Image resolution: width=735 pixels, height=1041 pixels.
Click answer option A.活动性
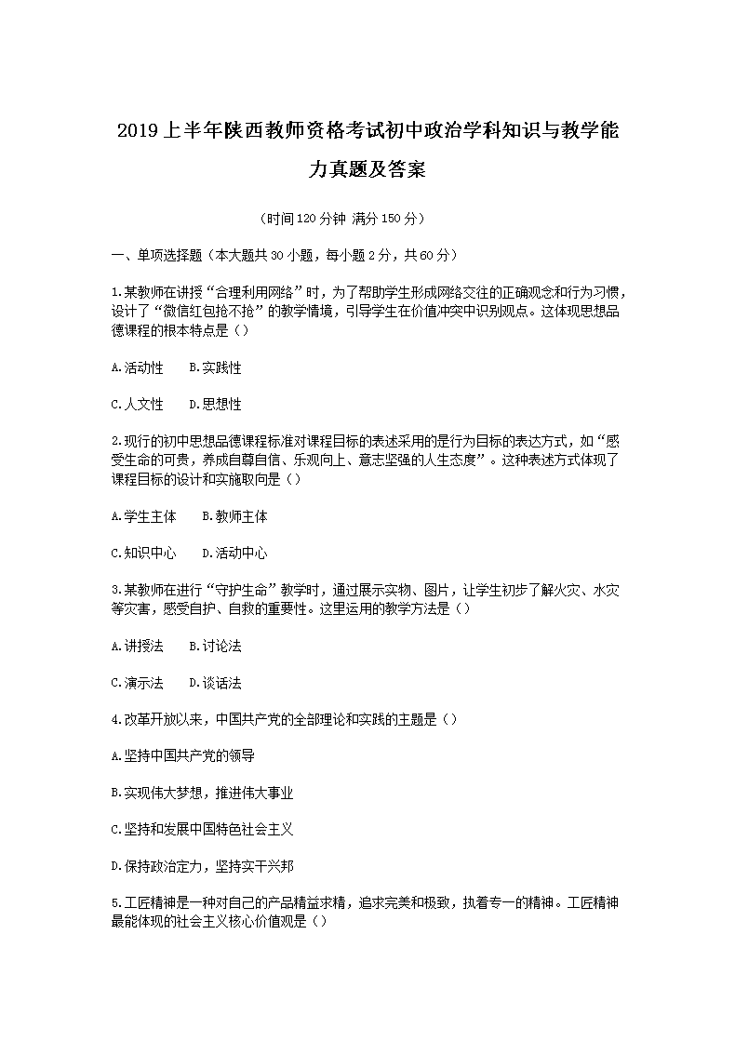137,368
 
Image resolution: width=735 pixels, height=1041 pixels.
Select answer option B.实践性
215,368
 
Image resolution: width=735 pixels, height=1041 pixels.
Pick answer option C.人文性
137,405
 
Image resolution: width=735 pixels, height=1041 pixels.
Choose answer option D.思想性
215,405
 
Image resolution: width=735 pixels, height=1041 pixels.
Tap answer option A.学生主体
143,516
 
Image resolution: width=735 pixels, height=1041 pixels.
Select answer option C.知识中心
143,554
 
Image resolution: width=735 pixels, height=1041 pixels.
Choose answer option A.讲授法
137,646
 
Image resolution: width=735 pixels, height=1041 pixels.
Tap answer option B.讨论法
215,646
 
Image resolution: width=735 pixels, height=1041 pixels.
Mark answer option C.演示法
137,683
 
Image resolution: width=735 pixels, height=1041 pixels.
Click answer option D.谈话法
215,683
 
